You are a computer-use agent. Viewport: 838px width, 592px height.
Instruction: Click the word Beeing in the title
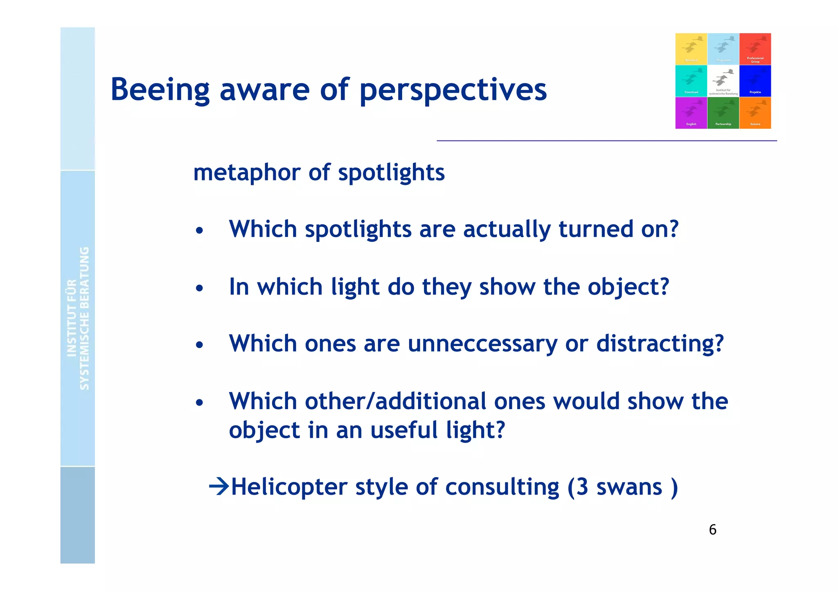(x=160, y=90)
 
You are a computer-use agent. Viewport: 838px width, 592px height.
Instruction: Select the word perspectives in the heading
(x=453, y=90)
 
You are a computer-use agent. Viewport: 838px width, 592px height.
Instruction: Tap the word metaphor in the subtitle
(x=247, y=173)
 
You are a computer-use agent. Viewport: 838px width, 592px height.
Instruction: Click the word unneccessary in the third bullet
(x=482, y=344)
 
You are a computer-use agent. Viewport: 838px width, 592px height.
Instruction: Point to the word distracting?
(x=660, y=344)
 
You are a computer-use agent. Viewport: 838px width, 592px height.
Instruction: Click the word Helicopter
(x=289, y=487)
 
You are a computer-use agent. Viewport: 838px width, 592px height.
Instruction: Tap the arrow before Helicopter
(x=219, y=486)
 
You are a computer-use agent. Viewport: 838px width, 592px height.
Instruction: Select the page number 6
(x=712, y=530)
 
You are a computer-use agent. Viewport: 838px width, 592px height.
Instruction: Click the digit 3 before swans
(x=582, y=487)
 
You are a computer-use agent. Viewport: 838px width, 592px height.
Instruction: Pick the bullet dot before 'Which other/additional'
(x=199, y=403)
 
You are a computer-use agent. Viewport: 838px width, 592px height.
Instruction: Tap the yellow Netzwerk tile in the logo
(x=691, y=49)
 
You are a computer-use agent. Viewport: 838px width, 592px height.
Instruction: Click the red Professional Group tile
(x=755, y=49)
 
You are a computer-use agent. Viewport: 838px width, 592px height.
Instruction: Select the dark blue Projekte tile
(x=755, y=81)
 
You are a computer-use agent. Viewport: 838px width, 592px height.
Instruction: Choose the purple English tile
(x=691, y=113)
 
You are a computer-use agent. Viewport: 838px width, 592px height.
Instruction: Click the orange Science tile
(x=755, y=113)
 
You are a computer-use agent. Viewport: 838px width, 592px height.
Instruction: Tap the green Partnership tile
(x=723, y=113)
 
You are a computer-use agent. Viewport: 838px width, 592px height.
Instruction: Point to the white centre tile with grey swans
(x=723, y=81)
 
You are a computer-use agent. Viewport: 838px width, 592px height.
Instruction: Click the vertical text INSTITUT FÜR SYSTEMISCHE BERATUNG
(x=78, y=318)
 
